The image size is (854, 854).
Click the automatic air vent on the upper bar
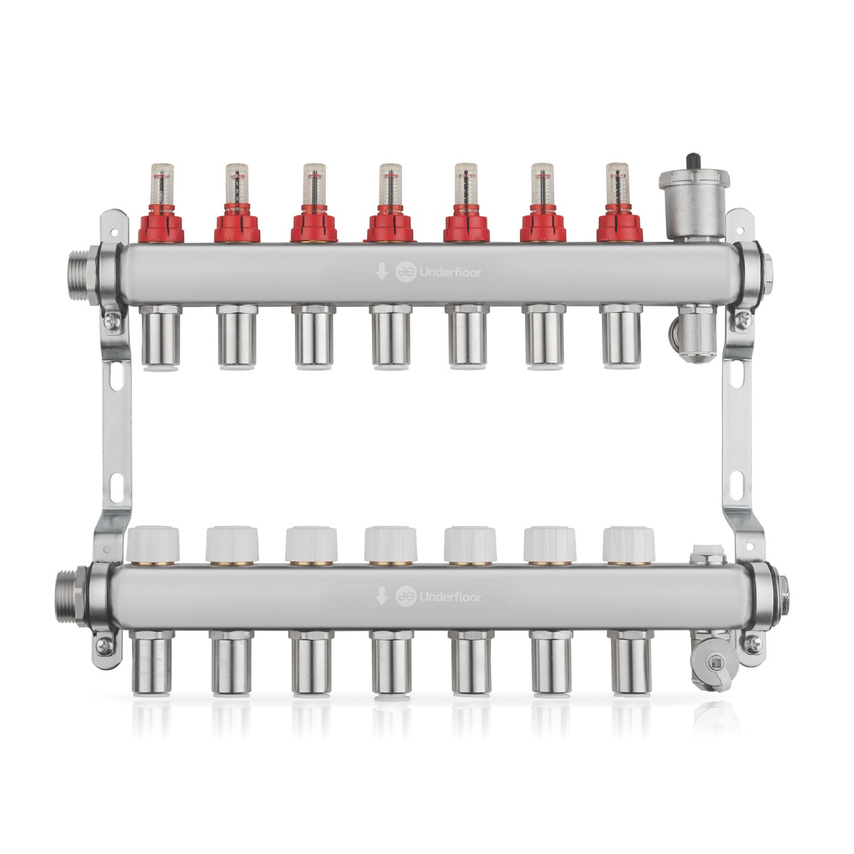click(689, 207)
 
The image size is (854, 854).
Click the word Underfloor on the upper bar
click(450, 272)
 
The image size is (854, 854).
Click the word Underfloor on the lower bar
click(450, 597)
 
